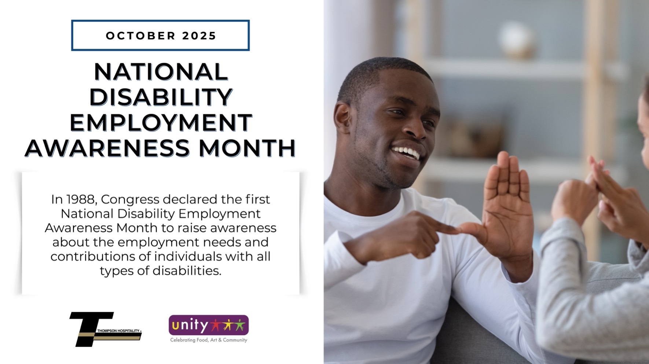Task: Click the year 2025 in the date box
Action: pyautogui.click(x=199, y=36)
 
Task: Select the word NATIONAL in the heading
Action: pyautogui.click(x=161, y=72)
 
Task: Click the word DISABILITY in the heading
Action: pyautogui.click(x=161, y=97)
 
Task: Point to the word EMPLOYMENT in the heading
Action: pyautogui.click(x=161, y=123)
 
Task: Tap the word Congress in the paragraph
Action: pyautogui.click(x=130, y=199)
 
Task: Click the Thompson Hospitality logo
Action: pyautogui.click(x=105, y=329)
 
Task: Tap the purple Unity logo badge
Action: pyautogui.click(x=208, y=325)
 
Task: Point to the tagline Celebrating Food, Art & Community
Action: pyautogui.click(x=208, y=340)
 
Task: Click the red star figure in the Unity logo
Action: pyautogui.click(x=216, y=325)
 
